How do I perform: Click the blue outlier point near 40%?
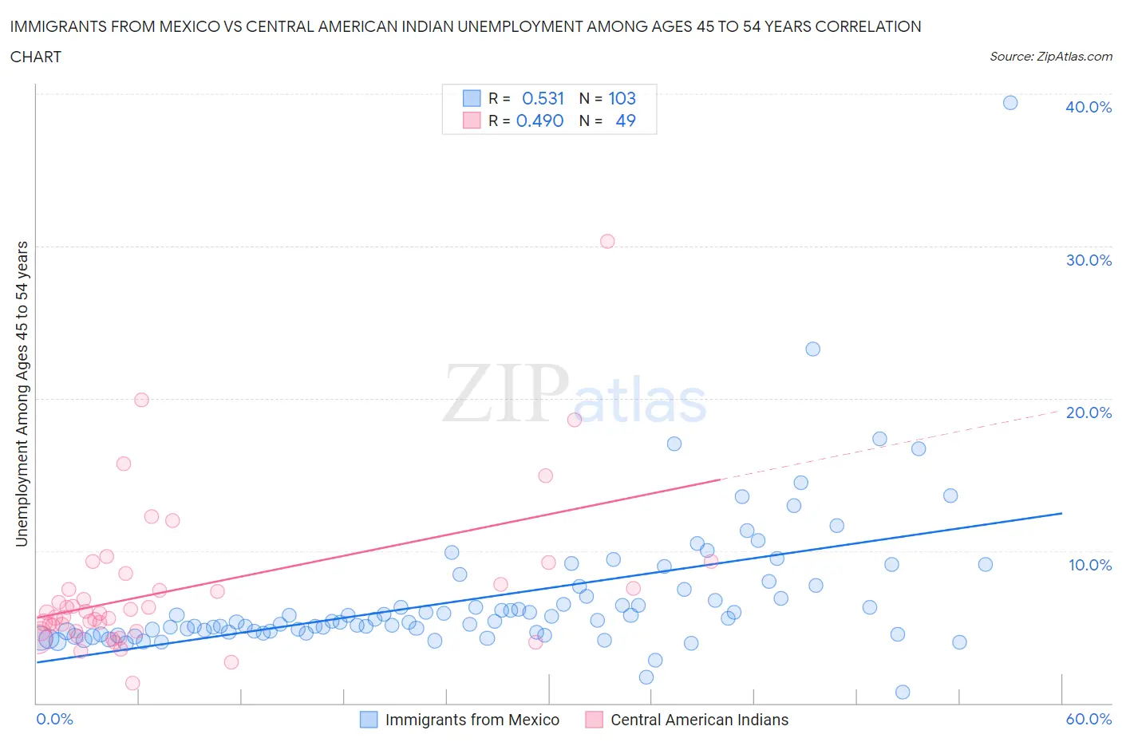click(x=1009, y=102)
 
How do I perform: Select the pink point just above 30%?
click(x=607, y=241)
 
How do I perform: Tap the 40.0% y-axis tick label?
click(x=1088, y=107)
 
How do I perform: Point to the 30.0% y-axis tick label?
click(x=1088, y=260)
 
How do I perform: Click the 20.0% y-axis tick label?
click(x=1088, y=412)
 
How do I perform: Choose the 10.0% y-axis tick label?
click(x=1089, y=565)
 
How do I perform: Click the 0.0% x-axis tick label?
click(x=54, y=719)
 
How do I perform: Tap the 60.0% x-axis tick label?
click(x=1088, y=719)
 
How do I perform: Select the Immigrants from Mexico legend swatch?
click(x=369, y=720)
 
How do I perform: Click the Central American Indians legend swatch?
click(x=594, y=720)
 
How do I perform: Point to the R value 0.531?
click(x=543, y=98)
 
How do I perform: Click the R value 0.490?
click(x=539, y=120)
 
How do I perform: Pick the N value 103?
click(x=622, y=98)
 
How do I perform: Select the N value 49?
click(x=626, y=120)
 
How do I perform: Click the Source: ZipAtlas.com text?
click(x=1050, y=56)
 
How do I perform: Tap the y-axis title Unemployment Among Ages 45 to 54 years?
click(x=22, y=393)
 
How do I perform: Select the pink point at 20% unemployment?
click(x=141, y=400)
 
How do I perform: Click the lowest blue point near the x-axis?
click(x=903, y=692)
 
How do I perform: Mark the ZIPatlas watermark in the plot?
click(x=575, y=393)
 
